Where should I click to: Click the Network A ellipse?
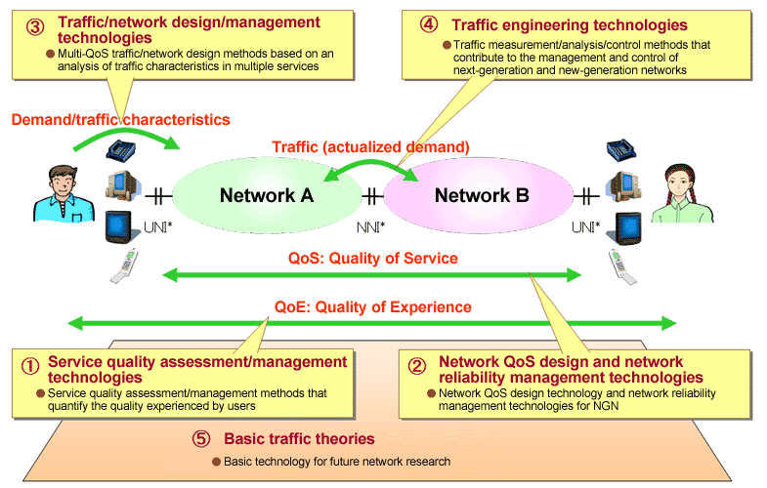coord(266,195)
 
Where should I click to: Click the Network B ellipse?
coord(481,195)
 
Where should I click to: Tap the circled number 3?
coord(33,20)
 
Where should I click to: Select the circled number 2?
coord(416,367)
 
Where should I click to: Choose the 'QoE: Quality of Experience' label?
coord(372,306)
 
